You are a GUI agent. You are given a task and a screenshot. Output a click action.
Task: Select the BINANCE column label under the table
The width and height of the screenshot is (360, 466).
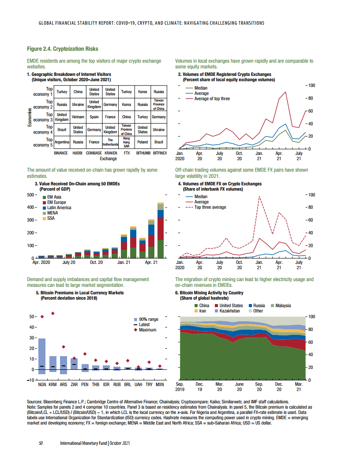(61, 152)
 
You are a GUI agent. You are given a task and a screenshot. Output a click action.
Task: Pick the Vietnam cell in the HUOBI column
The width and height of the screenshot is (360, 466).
(78, 117)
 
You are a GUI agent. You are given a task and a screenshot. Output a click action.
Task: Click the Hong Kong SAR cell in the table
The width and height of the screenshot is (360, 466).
(127, 142)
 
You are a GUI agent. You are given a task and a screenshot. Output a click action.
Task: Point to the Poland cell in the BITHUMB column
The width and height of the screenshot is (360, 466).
(142, 143)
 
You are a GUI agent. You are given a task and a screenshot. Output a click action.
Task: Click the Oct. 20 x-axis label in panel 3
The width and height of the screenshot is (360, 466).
(96, 263)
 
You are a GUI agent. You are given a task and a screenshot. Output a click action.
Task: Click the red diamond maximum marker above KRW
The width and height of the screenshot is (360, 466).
(53, 313)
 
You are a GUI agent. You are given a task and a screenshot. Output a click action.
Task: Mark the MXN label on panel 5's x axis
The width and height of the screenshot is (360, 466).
(160, 385)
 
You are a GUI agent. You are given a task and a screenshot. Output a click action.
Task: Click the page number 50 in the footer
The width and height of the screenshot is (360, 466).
(41, 443)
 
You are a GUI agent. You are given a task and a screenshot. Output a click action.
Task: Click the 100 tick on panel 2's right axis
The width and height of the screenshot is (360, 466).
(311, 85)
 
